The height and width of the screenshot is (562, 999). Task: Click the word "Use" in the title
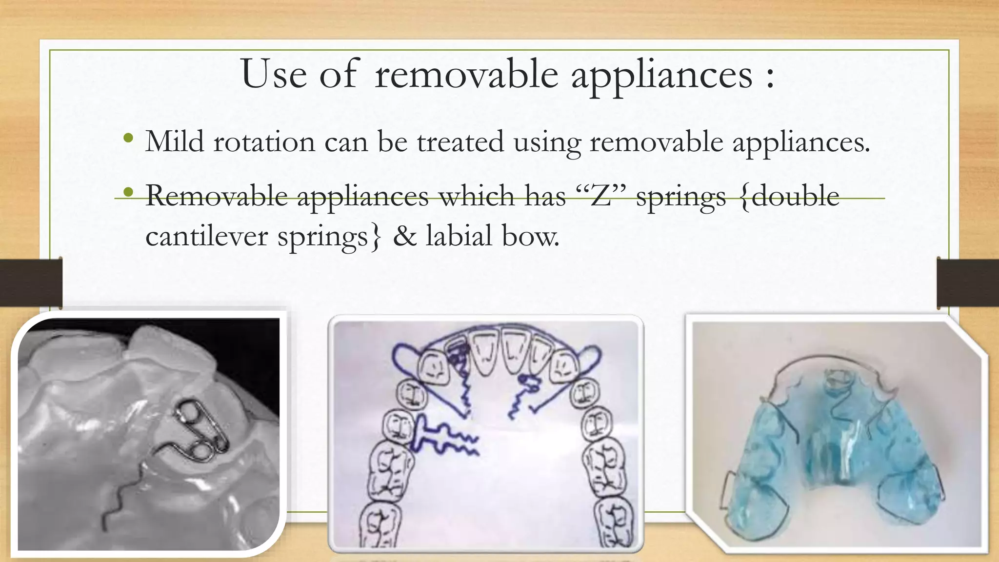pos(274,74)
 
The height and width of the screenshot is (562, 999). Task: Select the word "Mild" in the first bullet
pos(175,142)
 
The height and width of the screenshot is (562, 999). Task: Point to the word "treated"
pos(460,142)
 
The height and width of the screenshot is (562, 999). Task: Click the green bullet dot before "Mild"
pos(128,139)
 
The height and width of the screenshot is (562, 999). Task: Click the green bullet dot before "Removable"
pos(128,193)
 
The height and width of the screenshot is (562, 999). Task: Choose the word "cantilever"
pos(206,237)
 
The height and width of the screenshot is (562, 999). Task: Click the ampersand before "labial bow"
pos(404,237)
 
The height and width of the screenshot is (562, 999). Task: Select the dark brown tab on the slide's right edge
pos(968,283)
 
